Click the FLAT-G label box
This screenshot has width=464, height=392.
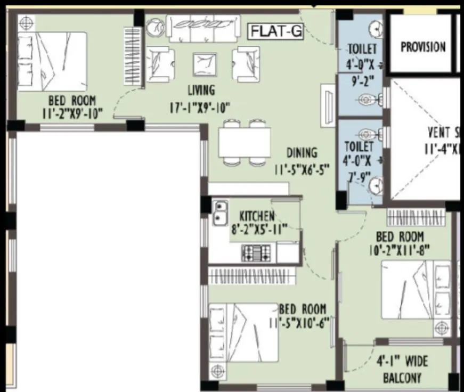tap(276, 31)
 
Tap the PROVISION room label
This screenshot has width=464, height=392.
tap(423, 47)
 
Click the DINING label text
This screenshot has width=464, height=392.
tap(302, 153)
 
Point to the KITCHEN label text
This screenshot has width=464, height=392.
tap(257, 216)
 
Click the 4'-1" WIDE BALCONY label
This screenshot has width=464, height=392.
tap(402, 370)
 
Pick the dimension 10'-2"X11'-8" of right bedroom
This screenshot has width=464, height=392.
tap(400, 248)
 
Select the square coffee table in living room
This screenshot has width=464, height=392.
tap(205, 66)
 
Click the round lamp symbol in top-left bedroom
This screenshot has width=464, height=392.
tap(26, 22)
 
